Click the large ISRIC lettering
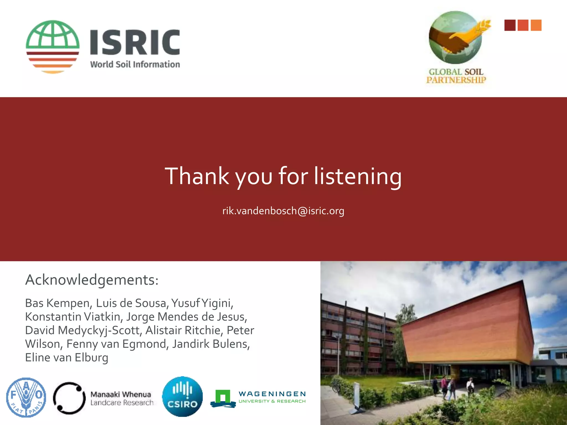click(x=135, y=42)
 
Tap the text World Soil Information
click(x=135, y=64)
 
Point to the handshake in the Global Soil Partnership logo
click(x=454, y=40)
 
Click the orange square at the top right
click(x=536, y=25)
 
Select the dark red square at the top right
click(x=510, y=25)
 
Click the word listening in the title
click(x=357, y=176)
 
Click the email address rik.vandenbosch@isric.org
click(x=283, y=211)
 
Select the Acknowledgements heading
click(x=92, y=280)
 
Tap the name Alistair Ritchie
click(x=183, y=330)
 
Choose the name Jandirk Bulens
click(x=211, y=344)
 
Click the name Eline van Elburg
click(x=66, y=357)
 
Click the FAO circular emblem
click(x=26, y=397)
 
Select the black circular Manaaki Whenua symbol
click(x=69, y=398)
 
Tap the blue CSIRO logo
click(x=182, y=397)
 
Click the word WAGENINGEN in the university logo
click(x=272, y=394)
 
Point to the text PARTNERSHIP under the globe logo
click(x=456, y=80)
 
